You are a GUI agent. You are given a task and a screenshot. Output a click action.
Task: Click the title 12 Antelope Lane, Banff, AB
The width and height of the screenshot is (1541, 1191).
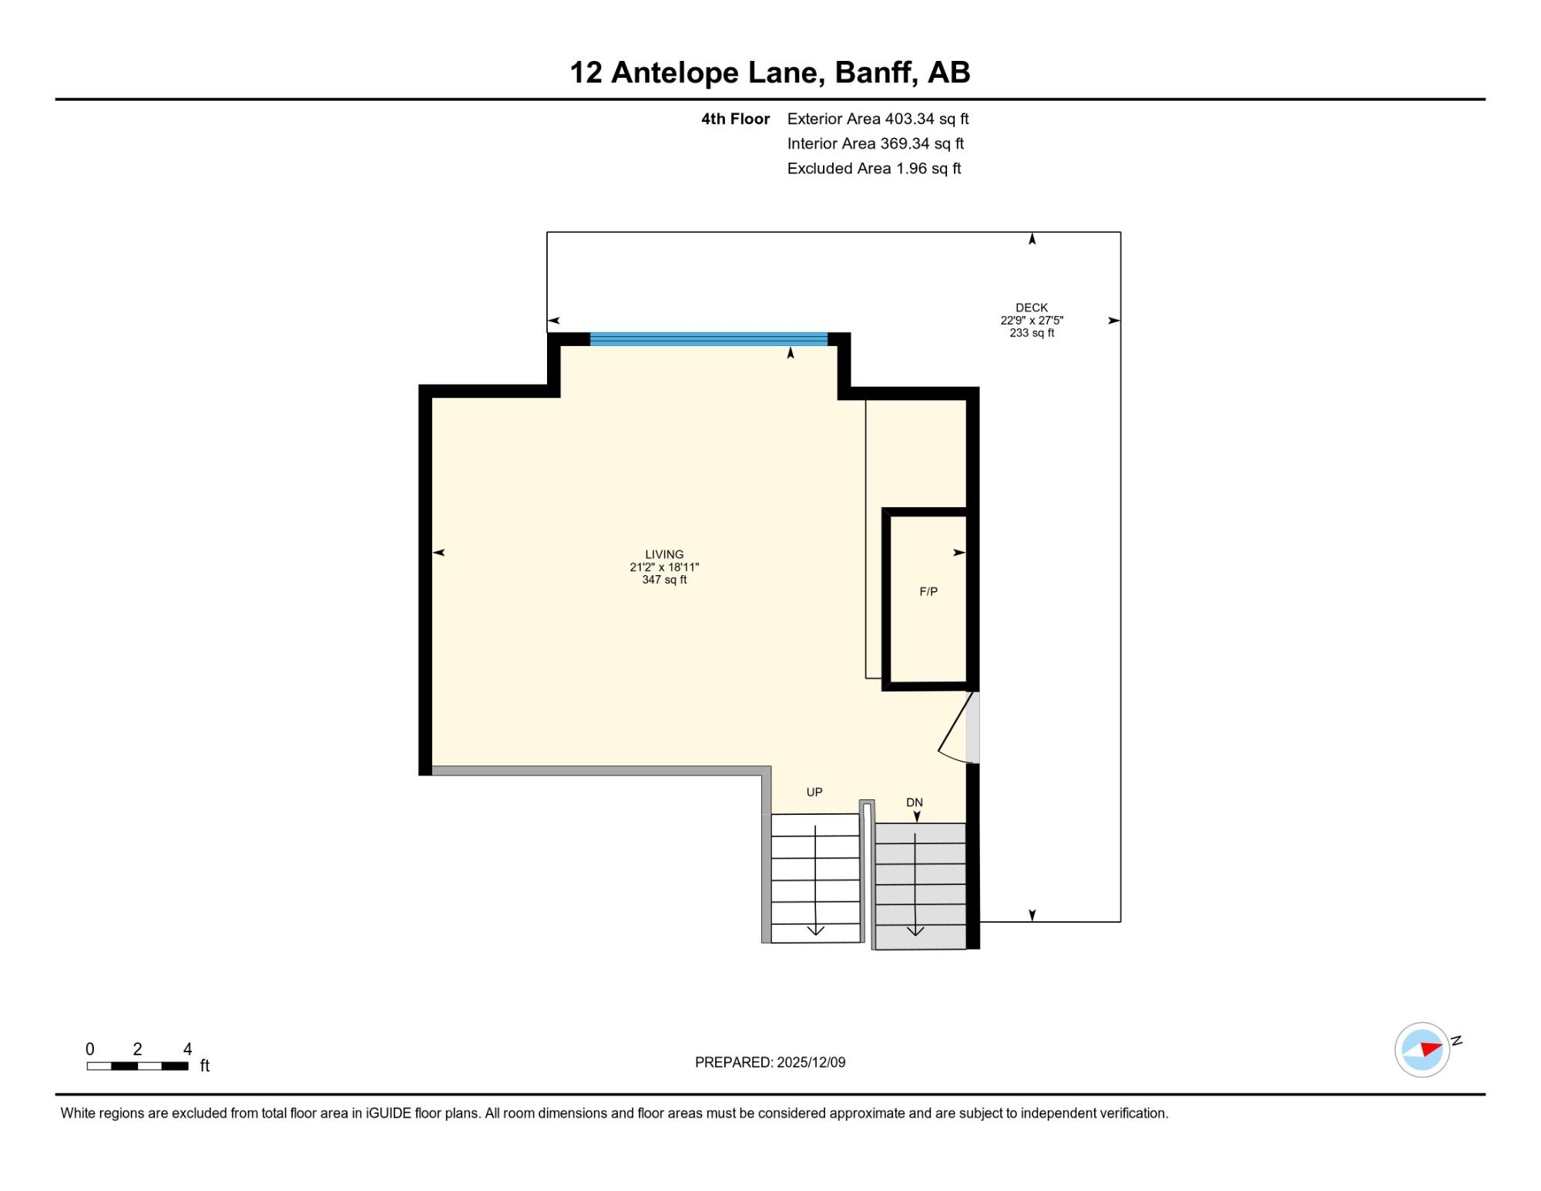pos(770,72)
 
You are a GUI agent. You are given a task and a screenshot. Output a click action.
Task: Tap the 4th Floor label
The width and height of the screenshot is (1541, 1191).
pos(735,119)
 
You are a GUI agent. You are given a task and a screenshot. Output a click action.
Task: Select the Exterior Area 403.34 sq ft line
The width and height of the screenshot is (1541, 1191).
pos(878,119)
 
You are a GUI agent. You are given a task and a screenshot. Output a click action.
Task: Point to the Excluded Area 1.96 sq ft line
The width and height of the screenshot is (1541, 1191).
pos(874,168)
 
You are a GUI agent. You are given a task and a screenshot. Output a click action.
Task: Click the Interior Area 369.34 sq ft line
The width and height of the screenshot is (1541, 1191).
pos(875,143)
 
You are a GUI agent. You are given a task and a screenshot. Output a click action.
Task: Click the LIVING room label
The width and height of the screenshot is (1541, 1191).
pos(664,554)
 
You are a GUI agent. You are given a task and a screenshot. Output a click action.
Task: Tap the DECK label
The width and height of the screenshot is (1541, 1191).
pos(1032,308)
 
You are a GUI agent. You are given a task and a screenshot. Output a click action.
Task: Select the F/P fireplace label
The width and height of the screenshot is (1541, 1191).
pos(928,591)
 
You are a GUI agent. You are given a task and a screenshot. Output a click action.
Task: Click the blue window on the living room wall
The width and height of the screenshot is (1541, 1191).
pos(709,339)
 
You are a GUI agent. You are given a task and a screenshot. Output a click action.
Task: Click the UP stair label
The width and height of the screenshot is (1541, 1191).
pos(814,792)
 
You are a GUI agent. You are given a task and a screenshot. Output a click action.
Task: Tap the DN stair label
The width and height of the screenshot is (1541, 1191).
pos(915,802)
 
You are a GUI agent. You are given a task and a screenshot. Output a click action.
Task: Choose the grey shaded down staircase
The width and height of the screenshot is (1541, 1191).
pos(920,885)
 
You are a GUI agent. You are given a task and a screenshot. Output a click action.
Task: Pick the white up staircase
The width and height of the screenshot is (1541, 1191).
pos(815,878)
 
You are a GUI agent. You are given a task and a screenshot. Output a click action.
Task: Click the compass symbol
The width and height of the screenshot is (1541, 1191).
pos(1422,1049)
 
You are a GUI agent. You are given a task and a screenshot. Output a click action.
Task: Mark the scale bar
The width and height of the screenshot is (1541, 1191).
pos(137,1066)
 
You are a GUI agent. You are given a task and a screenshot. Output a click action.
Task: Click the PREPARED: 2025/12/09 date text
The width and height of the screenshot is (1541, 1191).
pos(770,1062)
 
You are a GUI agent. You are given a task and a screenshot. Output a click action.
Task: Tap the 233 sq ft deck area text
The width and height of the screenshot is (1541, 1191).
pos(1032,333)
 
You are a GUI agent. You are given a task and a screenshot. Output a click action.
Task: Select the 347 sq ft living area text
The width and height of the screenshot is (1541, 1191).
pos(664,580)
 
